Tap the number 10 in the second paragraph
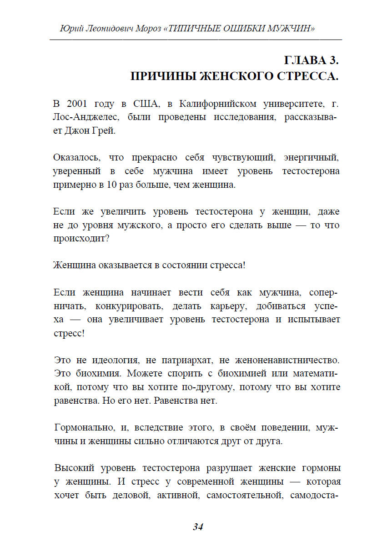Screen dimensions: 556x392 pos(112,185)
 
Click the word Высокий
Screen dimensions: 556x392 pos(71,467)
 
